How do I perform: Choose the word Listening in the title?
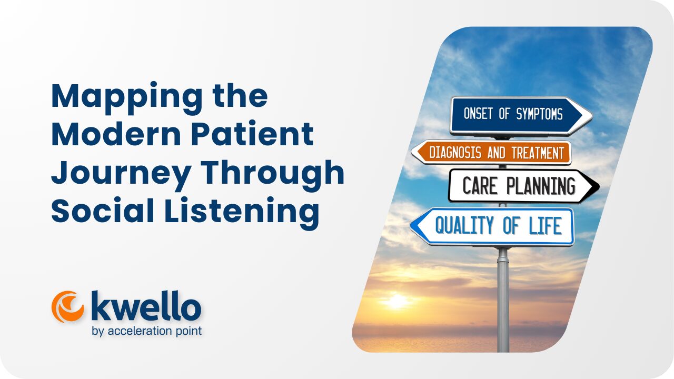click(241, 213)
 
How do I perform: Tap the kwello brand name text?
click(146, 306)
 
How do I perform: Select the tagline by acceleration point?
click(147, 331)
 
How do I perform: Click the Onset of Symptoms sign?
click(521, 115)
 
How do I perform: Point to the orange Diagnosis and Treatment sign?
click(491, 153)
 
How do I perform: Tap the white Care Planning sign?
click(523, 186)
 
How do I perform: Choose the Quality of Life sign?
click(492, 226)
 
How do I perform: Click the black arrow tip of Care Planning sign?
click(597, 186)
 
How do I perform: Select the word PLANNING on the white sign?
click(541, 186)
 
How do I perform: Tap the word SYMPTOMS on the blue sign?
click(540, 114)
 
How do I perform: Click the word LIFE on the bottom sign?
click(546, 226)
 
